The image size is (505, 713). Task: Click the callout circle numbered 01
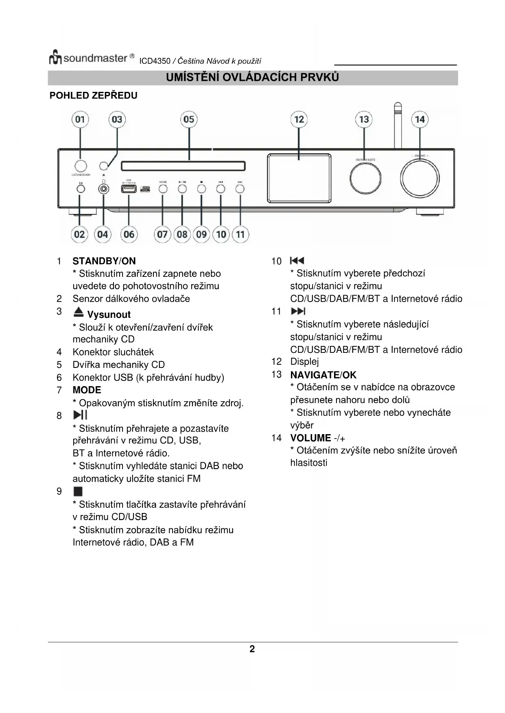coord(80,120)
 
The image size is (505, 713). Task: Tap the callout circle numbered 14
coord(420,120)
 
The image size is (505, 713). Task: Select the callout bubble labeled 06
coord(129,235)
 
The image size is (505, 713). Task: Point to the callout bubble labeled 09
coord(201,235)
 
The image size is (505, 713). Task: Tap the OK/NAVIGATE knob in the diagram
coord(365,178)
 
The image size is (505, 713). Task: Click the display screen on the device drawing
coord(299,178)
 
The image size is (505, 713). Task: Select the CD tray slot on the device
coord(183,166)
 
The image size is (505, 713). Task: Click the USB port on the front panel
coord(129,189)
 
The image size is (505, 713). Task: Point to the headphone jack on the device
coord(104,189)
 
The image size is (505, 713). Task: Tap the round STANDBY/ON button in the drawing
coord(81,166)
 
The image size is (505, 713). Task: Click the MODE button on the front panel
coord(163,189)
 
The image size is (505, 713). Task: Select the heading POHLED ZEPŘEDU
coord(94,96)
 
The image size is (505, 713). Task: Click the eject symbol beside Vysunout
coord(79,312)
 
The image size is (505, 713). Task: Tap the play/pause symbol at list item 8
coord(80,415)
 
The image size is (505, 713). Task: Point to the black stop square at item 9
coord(78,491)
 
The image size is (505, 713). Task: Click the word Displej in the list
coord(304,362)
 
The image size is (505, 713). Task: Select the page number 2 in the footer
coord(252,649)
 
